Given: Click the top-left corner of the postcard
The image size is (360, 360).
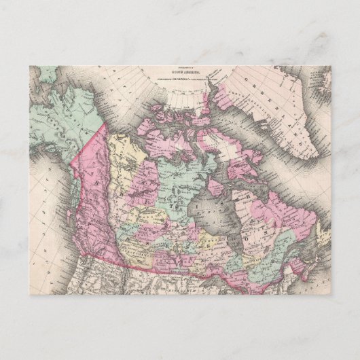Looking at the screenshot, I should point(30,66).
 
